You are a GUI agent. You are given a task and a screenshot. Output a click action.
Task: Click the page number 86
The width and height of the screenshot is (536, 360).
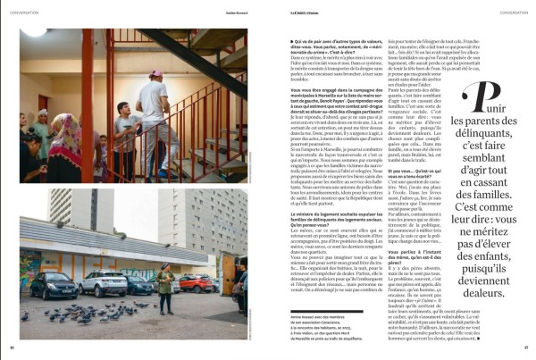[x=12, y=347]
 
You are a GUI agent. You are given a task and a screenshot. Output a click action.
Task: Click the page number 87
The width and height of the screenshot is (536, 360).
[x=523, y=347]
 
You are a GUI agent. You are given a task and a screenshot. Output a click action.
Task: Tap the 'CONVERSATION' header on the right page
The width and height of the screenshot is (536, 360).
[x=513, y=13]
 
